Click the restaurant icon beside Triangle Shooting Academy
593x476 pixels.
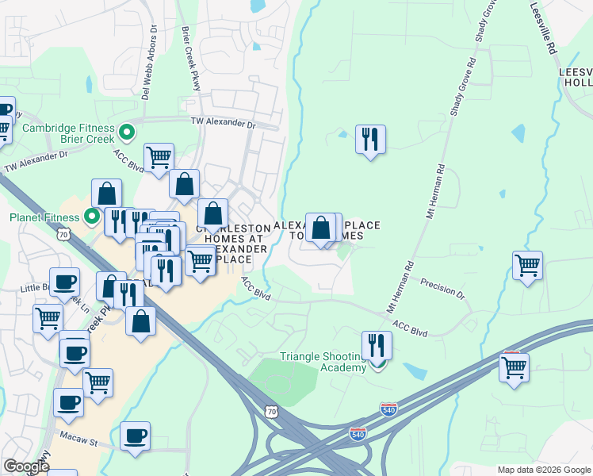377,346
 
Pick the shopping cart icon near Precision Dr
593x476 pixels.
527,266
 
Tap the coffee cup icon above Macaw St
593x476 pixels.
135,436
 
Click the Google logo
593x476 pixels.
25,466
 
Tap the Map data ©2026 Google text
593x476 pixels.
543,470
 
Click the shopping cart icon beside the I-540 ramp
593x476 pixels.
514,367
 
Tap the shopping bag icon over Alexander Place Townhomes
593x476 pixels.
320,228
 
